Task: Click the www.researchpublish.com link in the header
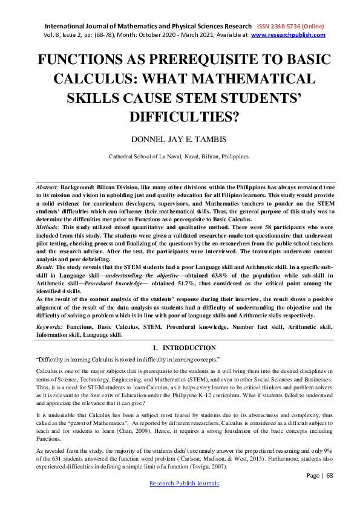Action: click(288, 35)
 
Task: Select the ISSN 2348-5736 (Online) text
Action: click(290, 27)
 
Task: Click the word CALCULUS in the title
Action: click(110, 79)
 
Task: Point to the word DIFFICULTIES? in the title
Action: click(180, 115)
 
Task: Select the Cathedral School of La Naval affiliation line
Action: click(179, 156)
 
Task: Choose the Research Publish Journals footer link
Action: click(184, 484)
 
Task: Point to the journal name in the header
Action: click(146, 27)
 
